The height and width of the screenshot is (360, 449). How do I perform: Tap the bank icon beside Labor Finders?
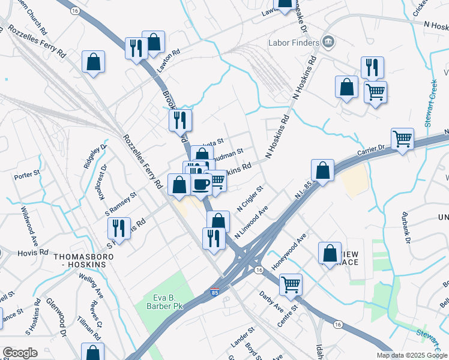click(x=328, y=42)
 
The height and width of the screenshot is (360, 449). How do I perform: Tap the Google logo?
click(x=20, y=353)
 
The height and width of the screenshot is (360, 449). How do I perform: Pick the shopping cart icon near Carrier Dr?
click(x=402, y=139)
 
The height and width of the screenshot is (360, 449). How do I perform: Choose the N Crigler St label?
click(x=250, y=198)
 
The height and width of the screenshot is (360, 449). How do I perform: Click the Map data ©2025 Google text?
click(x=411, y=355)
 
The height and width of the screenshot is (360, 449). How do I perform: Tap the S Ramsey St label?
click(x=121, y=203)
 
